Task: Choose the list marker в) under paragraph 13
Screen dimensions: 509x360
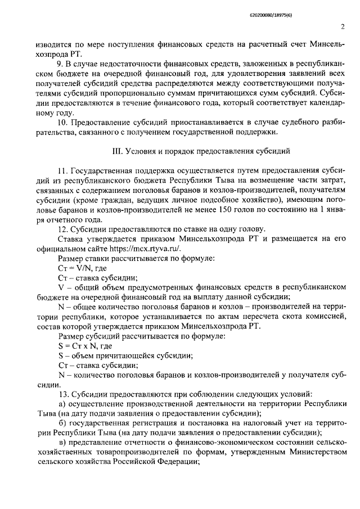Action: pyautogui.click(x=62, y=442)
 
